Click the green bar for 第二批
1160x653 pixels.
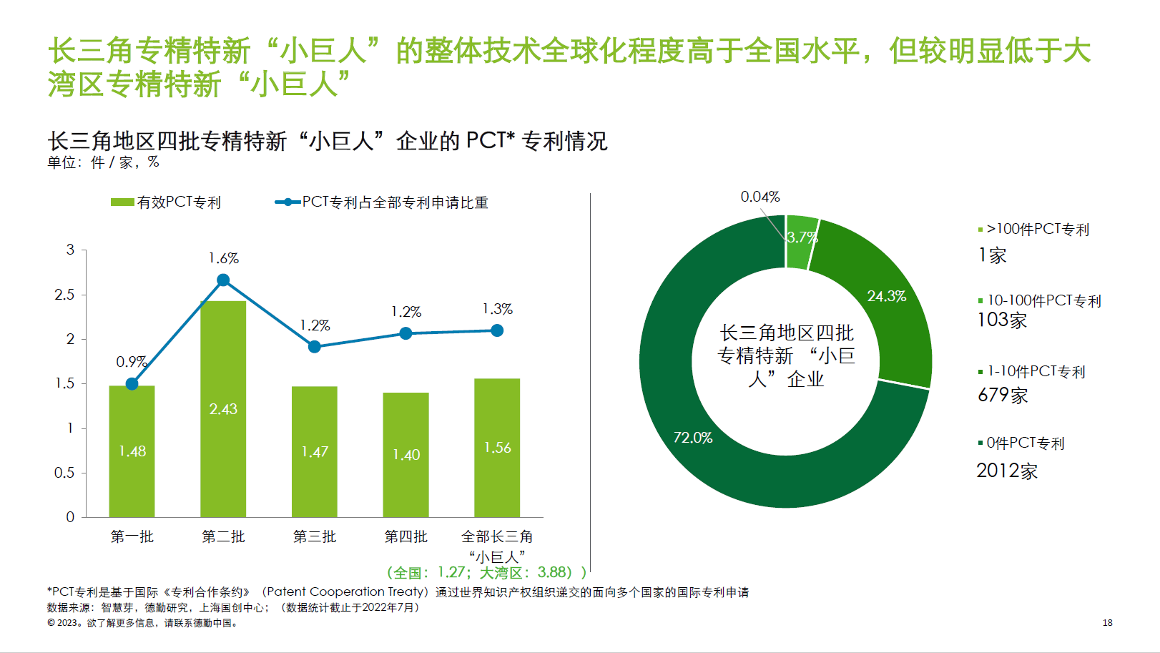point(223,429)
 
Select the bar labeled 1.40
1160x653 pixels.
point(405,472)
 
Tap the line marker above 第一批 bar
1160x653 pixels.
point(132,384)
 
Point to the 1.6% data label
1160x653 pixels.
point(223,258)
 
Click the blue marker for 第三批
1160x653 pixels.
point(315,347)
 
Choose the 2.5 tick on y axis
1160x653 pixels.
point(64,295)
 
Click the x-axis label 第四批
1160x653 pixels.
point(405,536)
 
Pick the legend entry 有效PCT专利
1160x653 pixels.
point(166,202)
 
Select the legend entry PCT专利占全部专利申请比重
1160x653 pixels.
point(382,202)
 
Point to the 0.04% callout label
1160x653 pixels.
point(760,197)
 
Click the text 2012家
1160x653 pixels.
point(1007,471)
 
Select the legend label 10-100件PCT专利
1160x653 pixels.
point(1043,300)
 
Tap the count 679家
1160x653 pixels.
point(1003,395)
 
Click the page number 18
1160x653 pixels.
point(1107,623)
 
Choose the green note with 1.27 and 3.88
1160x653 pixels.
point(486,573)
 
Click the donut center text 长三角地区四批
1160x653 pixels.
point(786,333)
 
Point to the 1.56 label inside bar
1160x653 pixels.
point(497,448)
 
